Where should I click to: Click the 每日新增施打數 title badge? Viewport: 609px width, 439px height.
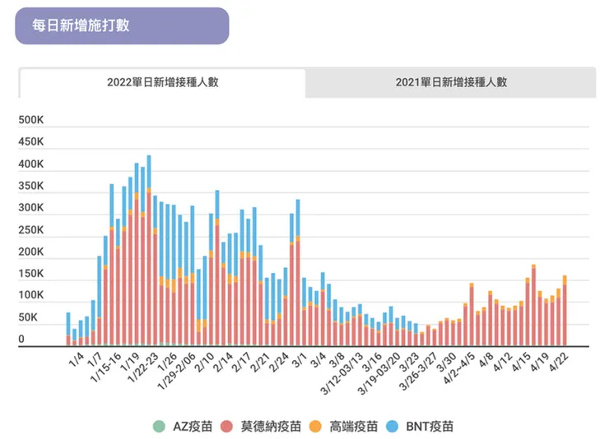(121, 25)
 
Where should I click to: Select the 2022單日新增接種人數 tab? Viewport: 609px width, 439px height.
(162, 82)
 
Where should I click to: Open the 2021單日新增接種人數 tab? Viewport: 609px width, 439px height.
(450, 82)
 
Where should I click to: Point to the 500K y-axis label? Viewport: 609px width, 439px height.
(36, 121)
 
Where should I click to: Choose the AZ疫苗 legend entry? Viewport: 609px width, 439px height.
(193, 426)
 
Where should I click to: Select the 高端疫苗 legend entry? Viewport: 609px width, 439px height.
(355, 426)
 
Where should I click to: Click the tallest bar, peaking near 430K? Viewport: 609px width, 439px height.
(149, 247)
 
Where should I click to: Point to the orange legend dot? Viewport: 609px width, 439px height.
(317, 426)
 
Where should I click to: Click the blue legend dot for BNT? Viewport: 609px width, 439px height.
(393, 426)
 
